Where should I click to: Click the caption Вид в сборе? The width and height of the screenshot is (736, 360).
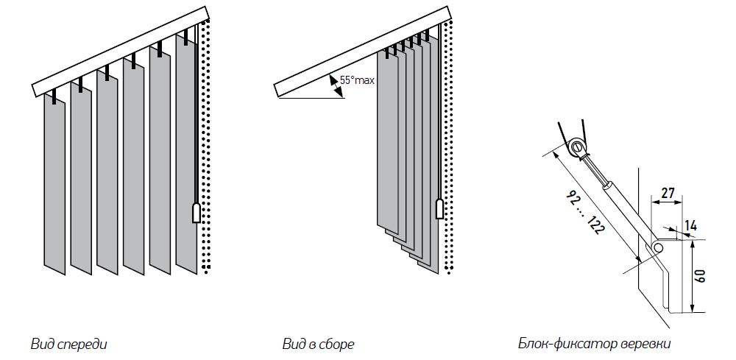[x=318, y=344]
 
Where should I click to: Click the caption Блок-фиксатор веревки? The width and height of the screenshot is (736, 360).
[x=594, y=344]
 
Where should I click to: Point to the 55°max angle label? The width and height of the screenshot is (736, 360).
[x=357, y=80]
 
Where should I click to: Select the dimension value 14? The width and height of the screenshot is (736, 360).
[x=690, y=224]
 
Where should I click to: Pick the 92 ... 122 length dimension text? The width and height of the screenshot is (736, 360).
[x=586, y=212]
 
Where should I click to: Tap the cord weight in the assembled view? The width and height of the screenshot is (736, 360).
[x=440, y=208]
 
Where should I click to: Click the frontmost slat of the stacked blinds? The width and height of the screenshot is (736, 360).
[x=386, y=140]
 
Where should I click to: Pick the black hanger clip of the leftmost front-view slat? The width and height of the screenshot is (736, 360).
[x=54, y=96]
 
